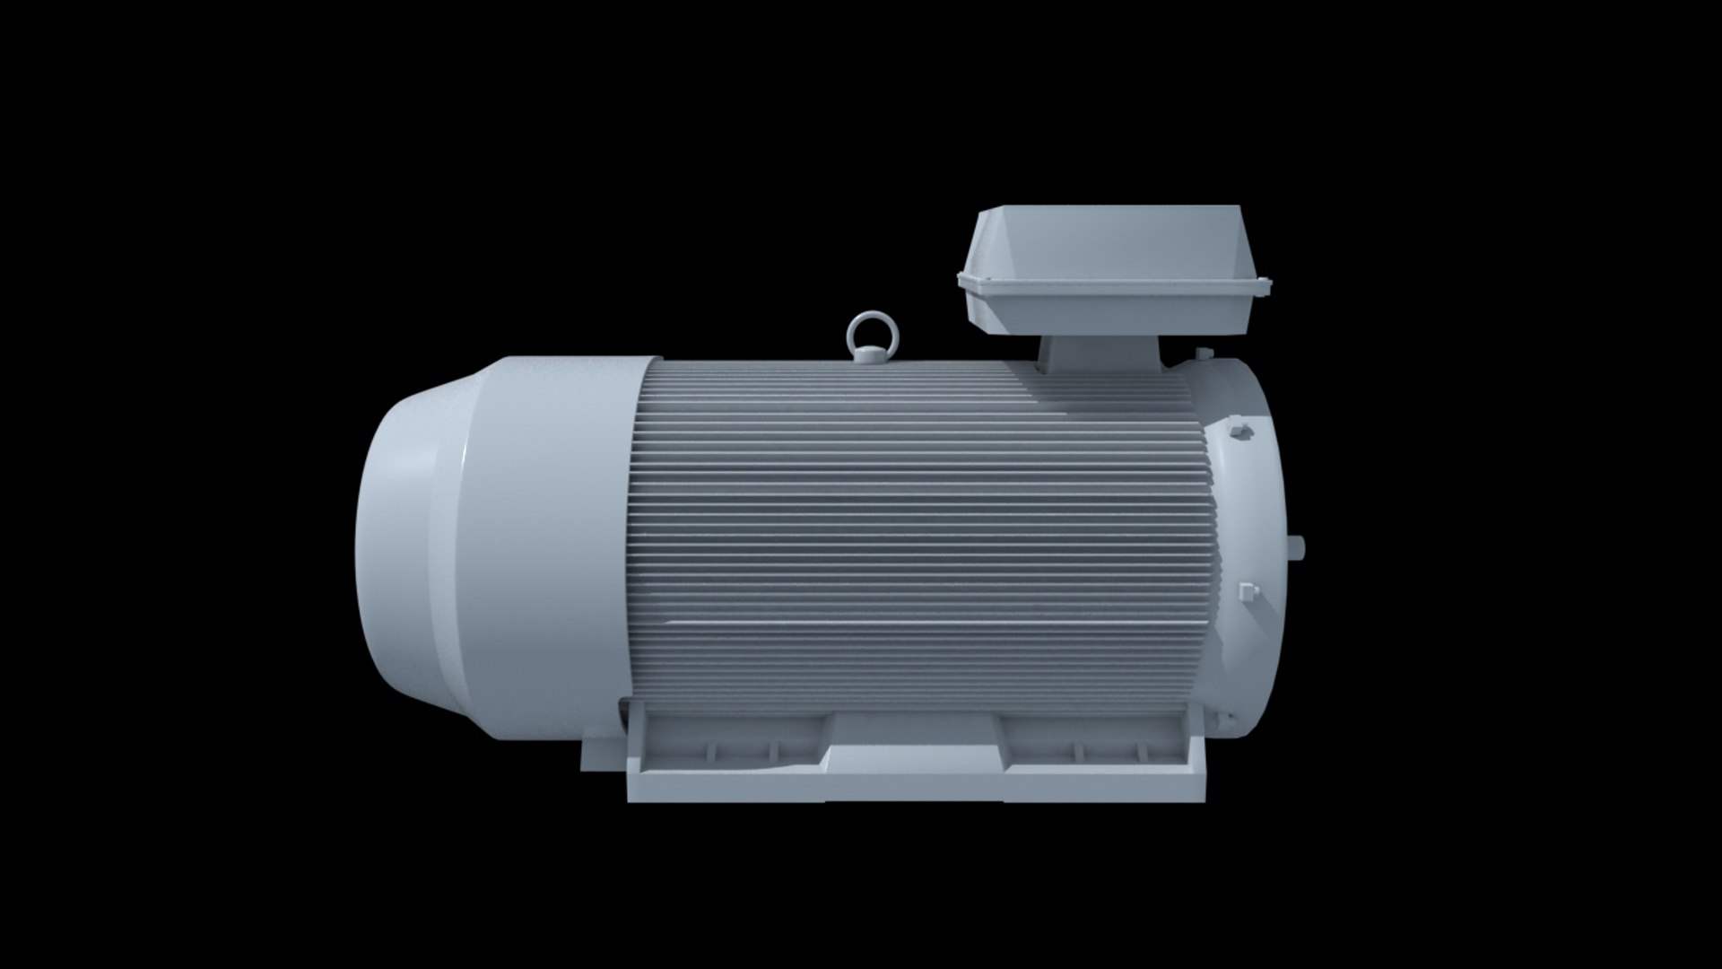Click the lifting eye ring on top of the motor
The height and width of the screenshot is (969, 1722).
866,329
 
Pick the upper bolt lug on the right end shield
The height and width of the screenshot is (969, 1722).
1241,432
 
